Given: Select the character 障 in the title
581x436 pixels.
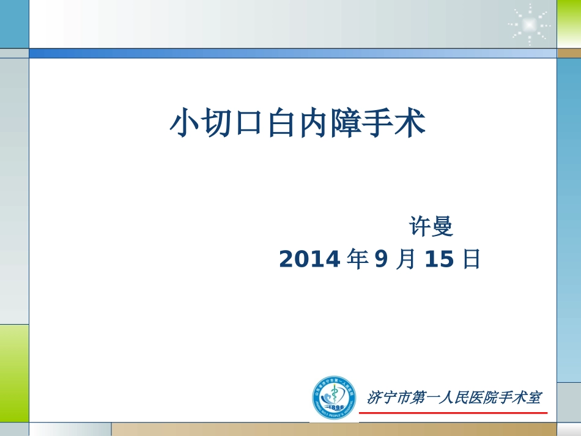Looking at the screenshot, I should click(345, 123).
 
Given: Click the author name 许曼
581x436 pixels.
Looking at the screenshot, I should click(431, 227).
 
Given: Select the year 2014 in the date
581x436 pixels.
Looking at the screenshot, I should click(309, 260).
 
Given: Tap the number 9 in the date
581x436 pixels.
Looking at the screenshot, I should click(381, 260).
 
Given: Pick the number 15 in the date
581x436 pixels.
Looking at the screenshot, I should click(439, 260).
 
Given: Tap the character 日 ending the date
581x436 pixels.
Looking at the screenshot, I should click(472, 260).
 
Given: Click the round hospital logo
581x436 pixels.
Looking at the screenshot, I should click(333, 397).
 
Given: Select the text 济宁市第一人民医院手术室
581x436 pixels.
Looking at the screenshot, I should click(453, 397).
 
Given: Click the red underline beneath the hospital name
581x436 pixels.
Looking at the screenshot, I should click(453, 413).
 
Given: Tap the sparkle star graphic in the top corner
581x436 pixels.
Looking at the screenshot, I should click(529, 24).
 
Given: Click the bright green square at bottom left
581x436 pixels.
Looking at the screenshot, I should click(14, 372).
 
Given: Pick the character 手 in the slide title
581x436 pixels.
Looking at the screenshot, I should click(377, 123).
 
